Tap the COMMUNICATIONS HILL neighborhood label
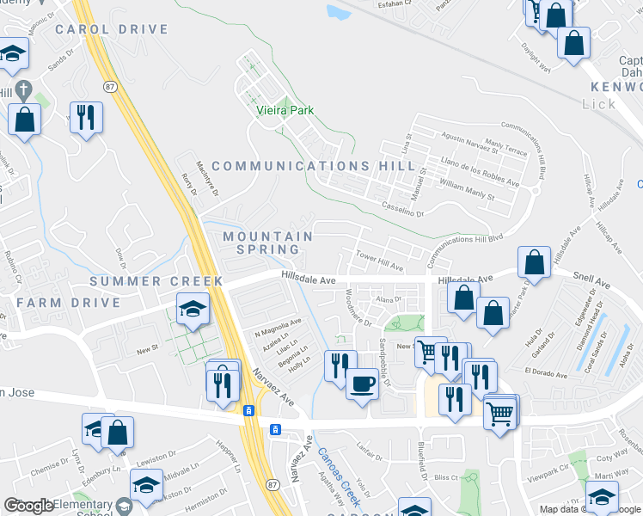314,166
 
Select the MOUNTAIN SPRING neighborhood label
267,243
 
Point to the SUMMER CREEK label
156,281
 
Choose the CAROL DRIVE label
112,29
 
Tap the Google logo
29,506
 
